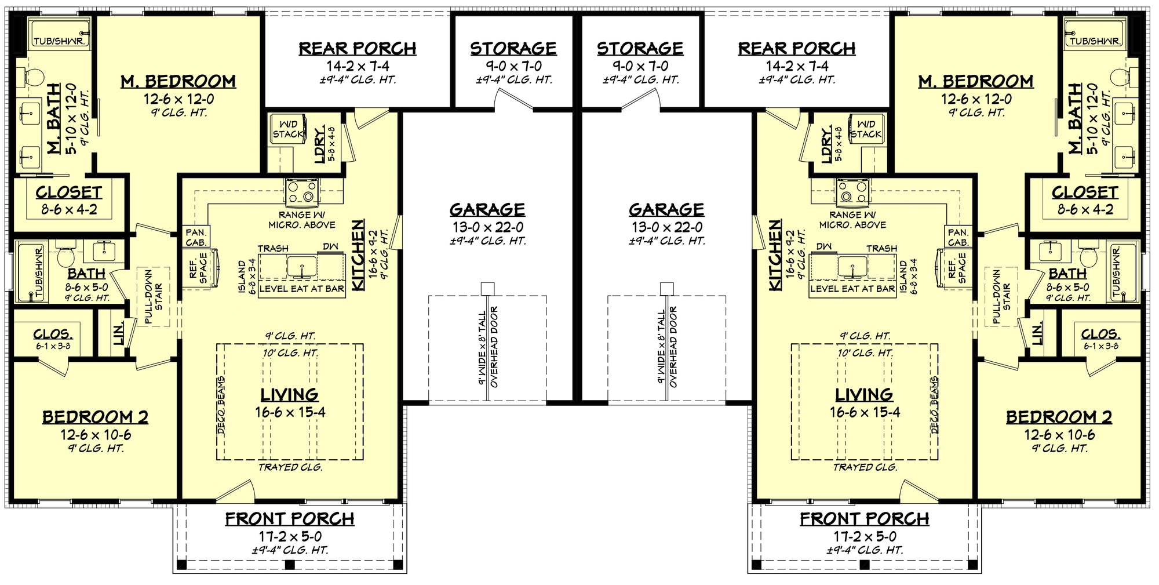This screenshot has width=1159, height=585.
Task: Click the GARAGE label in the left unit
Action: pos(487,210)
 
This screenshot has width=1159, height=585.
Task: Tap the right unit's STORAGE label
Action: pos(640,49)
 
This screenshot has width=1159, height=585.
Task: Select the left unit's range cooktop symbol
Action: pos(302,192)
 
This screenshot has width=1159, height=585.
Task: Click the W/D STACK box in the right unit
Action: pos(866,129)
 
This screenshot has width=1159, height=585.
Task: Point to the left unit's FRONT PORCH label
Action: pos(290,519)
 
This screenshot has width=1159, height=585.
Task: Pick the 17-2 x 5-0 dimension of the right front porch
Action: pos(865,536)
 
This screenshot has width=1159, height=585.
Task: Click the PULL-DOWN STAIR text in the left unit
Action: pos(153,296)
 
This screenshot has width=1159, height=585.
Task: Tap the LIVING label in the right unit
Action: pos(864,395)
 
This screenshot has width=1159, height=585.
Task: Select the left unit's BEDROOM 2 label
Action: pos(95,417)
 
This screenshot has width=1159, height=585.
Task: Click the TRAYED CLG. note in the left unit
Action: pos(290,467)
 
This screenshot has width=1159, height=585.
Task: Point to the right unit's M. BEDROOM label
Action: pos(976,82)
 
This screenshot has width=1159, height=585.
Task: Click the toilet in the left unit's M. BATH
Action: pos(34,77)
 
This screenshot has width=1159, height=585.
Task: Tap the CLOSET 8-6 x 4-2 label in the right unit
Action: pos(1085,201)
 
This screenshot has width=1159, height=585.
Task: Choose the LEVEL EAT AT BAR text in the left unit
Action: pos(302,289)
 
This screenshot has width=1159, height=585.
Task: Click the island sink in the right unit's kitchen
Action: pos(852,266)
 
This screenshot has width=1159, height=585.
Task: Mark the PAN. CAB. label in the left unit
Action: pos(196,238)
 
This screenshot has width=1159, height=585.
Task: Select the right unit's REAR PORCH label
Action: pos(797,49)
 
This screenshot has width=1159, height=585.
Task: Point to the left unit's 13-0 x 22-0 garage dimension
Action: pos(488,227)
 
